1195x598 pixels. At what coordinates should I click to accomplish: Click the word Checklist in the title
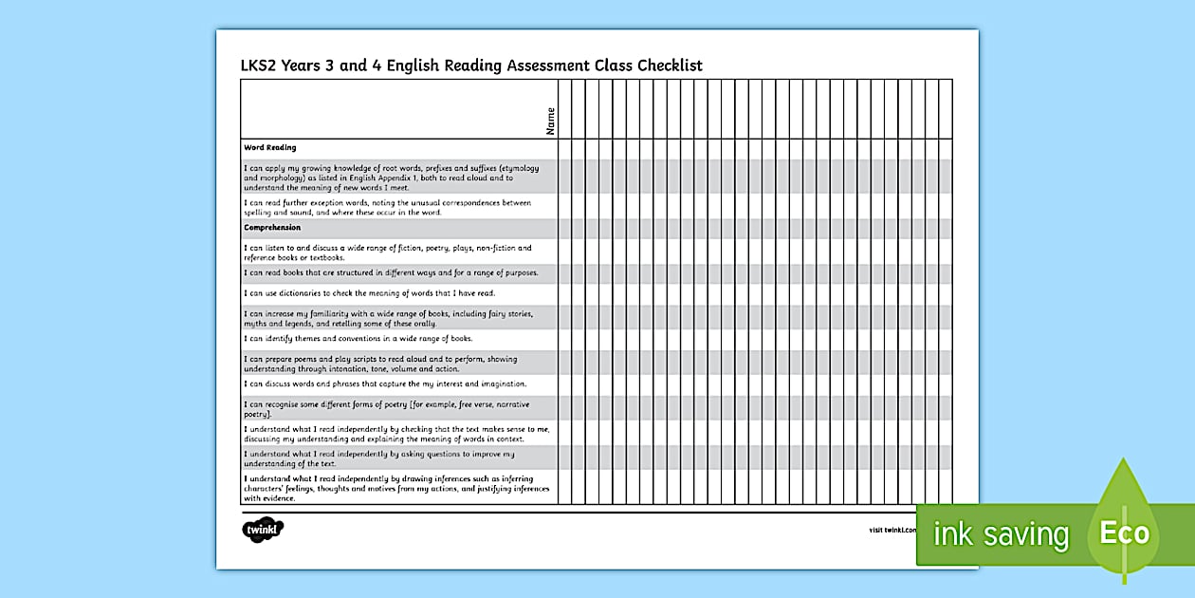click(x=668, y=65)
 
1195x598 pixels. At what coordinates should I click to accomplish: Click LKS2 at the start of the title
click(x=263, y=65)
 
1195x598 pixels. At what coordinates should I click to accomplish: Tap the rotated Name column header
click(x=551, y=120)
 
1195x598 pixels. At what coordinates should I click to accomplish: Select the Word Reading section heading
click(x=270, y=148)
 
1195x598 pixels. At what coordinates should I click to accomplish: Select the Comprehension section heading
click(x=272, y=228)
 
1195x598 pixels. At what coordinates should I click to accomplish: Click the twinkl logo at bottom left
click(x=263, y=530)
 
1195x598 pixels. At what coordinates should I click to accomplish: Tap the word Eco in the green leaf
click(x=1124, y=533)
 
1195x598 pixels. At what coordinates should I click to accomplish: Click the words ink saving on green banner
click(x=1001, y=534)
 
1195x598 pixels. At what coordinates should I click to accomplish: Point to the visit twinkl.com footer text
click(x=892, y=530)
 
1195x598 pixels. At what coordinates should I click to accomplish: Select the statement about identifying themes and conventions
click(x=358, y=339)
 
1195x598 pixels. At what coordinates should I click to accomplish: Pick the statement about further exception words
click(x=387, y=207)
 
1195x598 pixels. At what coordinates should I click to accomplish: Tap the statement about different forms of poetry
click(x=387, y=409)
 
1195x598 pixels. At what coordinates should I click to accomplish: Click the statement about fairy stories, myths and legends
click(x=387, y=318)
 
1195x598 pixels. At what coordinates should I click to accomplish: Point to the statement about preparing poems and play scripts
click(x=380, y=364)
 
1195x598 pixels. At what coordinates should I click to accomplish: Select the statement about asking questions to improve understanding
click(x=379, y=458)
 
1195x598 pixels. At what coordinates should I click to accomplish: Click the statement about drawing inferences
click(x=396, y=488)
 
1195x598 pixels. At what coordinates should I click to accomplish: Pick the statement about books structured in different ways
click(x=391, y=273)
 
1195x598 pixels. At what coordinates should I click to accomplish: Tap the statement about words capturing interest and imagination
click(x=385, y=384)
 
